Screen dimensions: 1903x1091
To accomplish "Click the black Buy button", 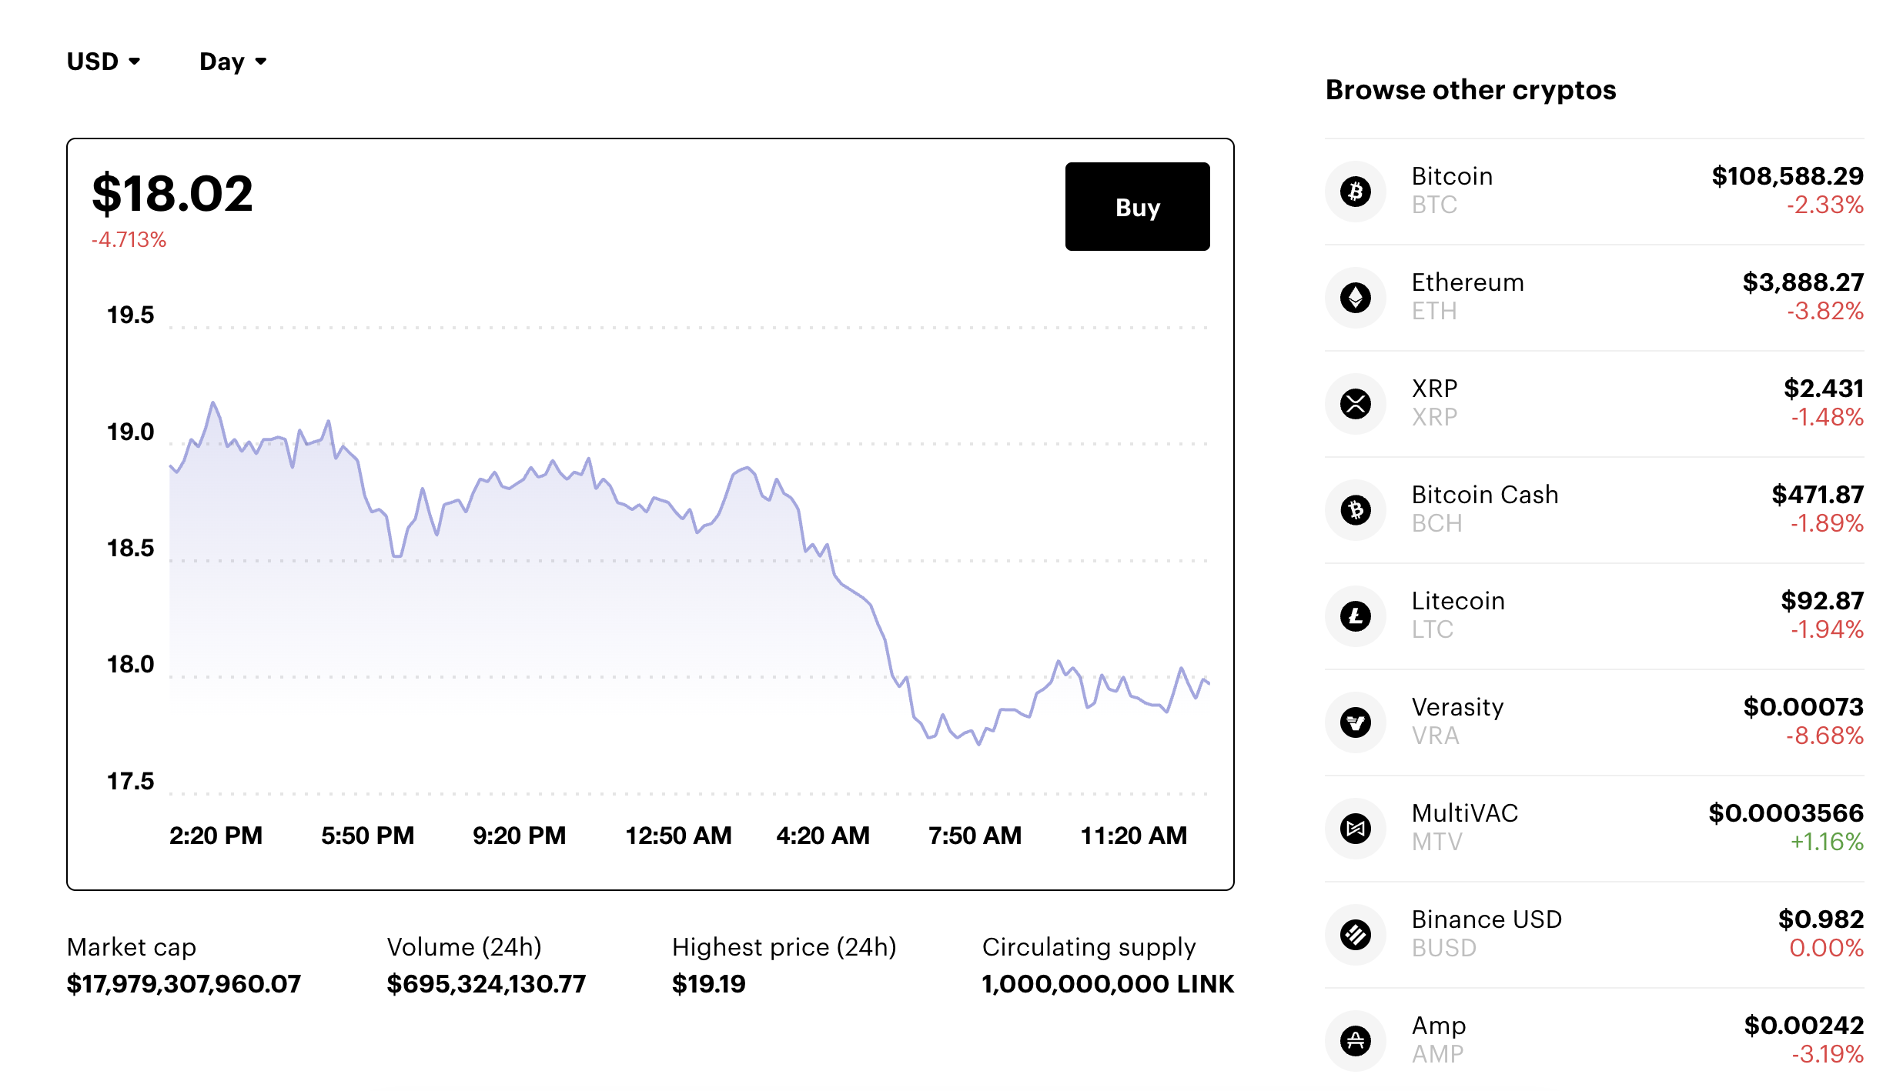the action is pos(1137,206).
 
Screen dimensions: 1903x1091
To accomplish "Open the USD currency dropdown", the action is pos(104,62).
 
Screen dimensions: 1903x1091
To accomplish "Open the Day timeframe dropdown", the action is pos(232,62).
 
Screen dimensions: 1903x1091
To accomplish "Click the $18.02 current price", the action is pos(172,193).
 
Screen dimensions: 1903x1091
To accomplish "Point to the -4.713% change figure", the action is pos(129,240).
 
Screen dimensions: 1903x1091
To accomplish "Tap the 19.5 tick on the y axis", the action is pos(130,315).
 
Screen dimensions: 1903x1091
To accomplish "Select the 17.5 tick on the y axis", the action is pos(130,781).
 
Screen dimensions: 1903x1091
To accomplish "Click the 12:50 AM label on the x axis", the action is pos(678,836).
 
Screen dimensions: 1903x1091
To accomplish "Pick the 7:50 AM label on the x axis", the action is pos(975,836).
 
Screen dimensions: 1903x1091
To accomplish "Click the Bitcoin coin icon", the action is pos(1356,192).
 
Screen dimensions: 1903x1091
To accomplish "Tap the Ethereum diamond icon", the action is pos(1356,298).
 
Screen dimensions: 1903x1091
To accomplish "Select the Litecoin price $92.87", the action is pos(1822,601).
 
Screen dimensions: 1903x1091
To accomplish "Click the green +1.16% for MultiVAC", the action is pos(1827,842).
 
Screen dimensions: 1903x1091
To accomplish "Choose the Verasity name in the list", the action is pos(1457,707).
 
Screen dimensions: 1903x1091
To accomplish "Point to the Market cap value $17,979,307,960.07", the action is pos(184,984).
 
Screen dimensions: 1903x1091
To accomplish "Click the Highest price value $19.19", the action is pos(708,984).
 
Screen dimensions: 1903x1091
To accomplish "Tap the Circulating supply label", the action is pos(1089,947).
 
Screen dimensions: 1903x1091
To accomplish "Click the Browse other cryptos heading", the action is pos(1470,90).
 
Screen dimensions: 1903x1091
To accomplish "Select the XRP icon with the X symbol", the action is pos(1356,404).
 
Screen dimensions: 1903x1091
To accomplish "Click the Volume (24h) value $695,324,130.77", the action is pos(487,984).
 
